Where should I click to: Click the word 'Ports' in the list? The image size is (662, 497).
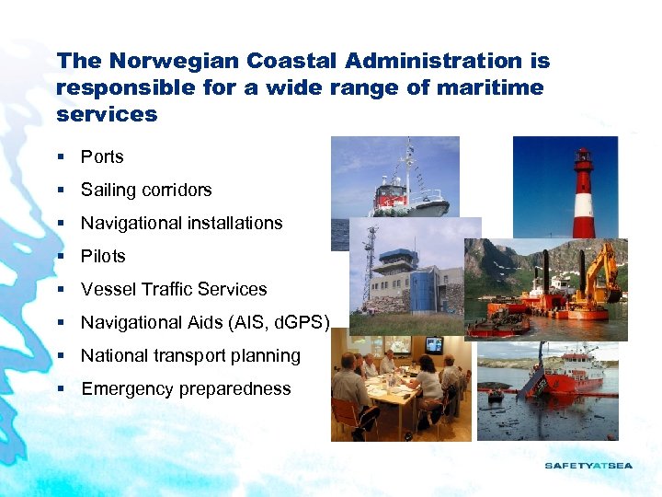102,157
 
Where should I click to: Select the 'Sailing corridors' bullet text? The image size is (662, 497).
146,191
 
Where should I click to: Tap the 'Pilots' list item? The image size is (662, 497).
103,257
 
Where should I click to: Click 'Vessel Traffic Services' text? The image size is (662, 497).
174,290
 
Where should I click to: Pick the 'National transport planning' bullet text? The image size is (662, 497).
190,356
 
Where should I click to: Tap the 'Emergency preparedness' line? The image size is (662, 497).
186,389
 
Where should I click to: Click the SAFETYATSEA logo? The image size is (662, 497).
588,466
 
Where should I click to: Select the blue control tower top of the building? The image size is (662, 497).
399,257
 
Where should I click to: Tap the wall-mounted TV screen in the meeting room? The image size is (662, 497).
433,345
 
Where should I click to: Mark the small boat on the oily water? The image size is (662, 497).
496,395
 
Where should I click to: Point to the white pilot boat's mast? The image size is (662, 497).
405,167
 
